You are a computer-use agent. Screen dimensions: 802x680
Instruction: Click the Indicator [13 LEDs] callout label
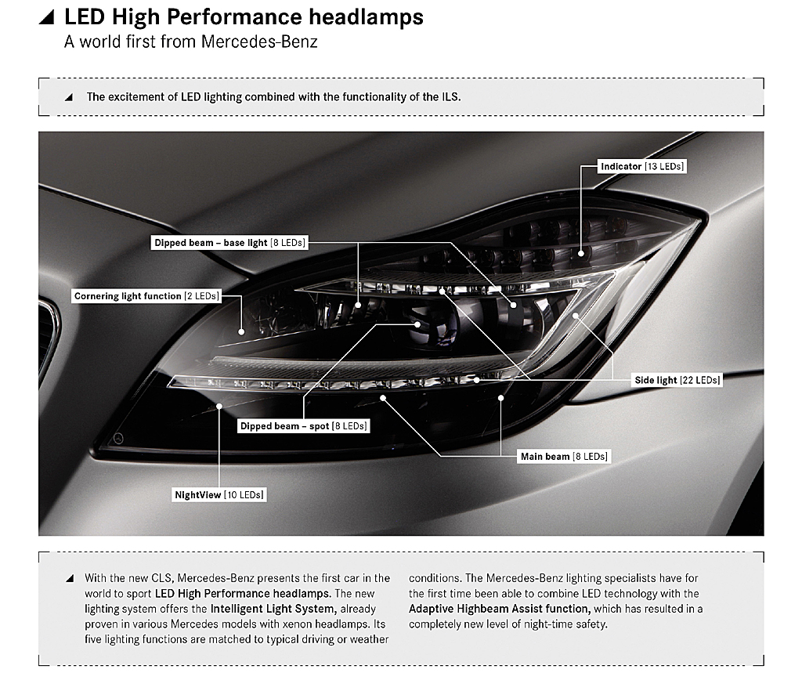pos(642,166)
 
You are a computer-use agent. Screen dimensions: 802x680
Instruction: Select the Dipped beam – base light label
pos(229,243)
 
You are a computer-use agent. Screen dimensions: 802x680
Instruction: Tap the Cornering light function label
pos(146,296)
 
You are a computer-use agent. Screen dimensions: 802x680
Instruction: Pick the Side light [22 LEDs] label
pos(677,380)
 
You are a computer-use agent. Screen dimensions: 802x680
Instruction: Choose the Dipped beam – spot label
pos(304,425)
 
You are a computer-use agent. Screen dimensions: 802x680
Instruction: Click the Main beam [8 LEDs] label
pos(564,457)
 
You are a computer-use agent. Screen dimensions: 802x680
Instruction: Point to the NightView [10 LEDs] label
pos(219,495)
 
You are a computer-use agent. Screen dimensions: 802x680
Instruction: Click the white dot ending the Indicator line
pos(581,253)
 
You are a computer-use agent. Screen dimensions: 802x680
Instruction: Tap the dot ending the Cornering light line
pos(241,331)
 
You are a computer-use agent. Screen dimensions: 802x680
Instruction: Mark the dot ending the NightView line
pos(219,407)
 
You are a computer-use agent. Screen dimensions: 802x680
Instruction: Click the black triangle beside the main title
pos(46,18)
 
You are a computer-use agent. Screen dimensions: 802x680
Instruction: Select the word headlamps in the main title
pos(367,17)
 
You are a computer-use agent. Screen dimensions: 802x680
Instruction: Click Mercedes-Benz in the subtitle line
pos(259,42)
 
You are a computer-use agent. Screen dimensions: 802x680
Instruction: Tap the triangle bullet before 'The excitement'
pos(69,97)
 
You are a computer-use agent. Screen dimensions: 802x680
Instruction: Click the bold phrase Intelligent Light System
pos(273,609)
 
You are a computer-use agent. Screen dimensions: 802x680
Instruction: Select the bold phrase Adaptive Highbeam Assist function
pos(500,609)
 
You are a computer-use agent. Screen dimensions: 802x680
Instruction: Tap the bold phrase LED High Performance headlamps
pos(243,594)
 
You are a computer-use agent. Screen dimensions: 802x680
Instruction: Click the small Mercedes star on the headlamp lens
pos(119,438)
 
